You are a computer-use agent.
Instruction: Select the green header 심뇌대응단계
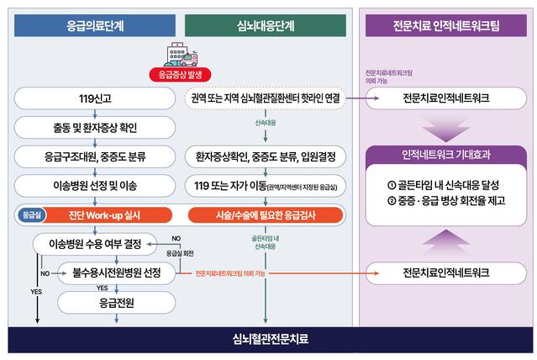click(x=266, y=25)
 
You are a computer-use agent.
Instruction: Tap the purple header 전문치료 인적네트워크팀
click(x=445, y=25)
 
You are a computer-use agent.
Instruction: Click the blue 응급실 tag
click(x=31, y=214)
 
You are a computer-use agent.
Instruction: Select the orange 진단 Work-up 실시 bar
click(x=109, y=214)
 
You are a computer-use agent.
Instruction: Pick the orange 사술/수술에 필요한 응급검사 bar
click(x=266, y=214)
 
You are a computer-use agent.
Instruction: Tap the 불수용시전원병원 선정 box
click(x=117, y=273)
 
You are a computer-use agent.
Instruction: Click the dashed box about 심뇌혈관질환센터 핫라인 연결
click(x=266, y=99)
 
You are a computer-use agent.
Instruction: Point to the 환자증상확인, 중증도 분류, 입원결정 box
click(x=266, y=156)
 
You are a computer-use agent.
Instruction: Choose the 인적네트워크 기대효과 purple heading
click(x=445, y=155)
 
